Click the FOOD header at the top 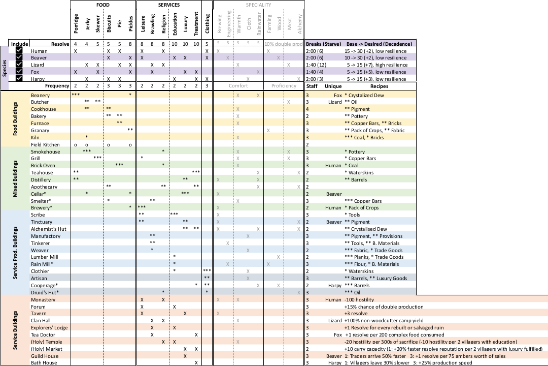pyautogui.click(x=103, y=5)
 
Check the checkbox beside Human pyautogui.click(x=19, y=51)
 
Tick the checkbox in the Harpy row pyautogui.click(x=19, y=78)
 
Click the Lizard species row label pyautogui.click(x=38, y=65)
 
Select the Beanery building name pyautogui.click(x=40, y=95)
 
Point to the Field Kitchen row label pyautogui.click(x=45, y=145)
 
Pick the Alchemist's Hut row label pyautogui.click(x=49, y=229)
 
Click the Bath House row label pyautogui.click(x=44, y=362)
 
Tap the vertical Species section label pyautogui.click(x=5, y=65)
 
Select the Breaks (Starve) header pyautogui.click(x=323, y=44)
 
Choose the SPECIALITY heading pyautogui.click(x=259, y=5)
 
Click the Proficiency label pyautogui.click(x=284, y=86)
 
